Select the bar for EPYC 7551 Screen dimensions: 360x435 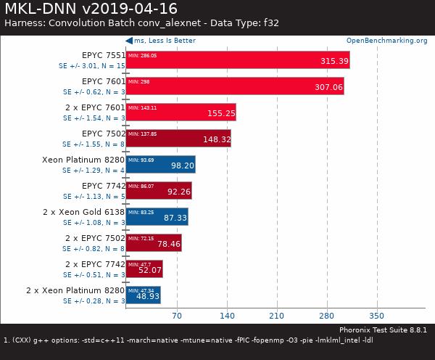pos(238,60)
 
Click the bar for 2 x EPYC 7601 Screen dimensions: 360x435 pos(181,112)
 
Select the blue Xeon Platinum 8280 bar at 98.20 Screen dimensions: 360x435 pos(160,165)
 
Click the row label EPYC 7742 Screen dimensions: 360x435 pos(103,186)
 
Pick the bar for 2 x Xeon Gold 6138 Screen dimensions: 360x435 pos(157,216)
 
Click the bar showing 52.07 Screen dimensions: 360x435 pos(144,269)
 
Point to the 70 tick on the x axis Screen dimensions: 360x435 pos(176,316)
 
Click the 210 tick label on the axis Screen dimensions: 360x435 pos(276,316)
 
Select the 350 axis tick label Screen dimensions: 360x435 pos(376,316)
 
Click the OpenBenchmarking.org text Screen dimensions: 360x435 pos(386,41)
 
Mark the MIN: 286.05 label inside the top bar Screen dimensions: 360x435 pos(142,55)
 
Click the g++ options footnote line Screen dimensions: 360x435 pos(188,340)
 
